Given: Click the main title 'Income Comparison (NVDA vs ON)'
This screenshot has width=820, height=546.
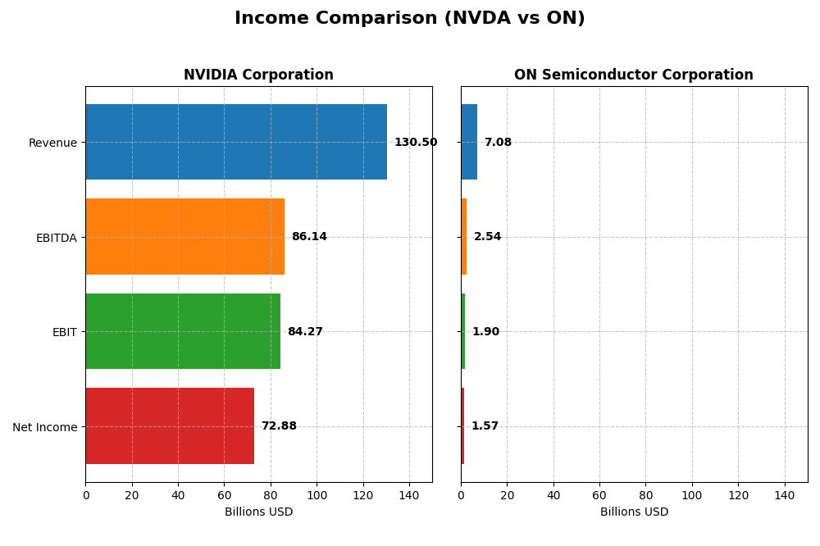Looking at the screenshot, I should (x=409, y=19).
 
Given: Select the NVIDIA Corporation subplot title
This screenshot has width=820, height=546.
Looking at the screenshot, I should (x=258, y=75).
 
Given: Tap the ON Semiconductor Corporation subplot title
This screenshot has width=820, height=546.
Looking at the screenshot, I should (x=633, y=75).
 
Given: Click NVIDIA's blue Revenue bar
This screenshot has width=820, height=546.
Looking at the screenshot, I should (x=236, y=142).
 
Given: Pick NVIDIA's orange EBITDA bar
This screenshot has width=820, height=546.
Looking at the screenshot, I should (x=184, y=237).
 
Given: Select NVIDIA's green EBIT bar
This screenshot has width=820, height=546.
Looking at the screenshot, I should (x=183, y=331).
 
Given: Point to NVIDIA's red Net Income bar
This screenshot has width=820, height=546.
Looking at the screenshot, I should (x=170, y=426).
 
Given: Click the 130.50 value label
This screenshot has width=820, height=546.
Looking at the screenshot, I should (x=415, y=143).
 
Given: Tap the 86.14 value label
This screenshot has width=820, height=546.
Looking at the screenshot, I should (x=309, y=237).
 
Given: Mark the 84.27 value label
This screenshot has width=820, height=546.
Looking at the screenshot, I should (x=305, y=332).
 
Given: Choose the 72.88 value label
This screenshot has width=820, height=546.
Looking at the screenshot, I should (x=279, y=426).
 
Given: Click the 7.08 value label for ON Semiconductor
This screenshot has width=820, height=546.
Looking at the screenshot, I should (x=498, y=143).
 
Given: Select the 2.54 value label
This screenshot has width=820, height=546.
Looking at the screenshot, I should (x=487, y=237).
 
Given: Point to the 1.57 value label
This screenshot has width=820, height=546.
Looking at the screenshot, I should (x=485, y=426).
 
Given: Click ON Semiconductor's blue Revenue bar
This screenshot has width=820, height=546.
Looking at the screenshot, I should (x=469, y=142).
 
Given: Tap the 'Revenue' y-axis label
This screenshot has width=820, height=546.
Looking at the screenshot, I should (x=52, y=143).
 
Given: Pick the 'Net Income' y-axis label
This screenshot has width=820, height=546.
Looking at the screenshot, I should (x=44, y=427).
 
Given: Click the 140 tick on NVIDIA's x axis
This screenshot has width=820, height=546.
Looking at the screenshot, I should (x=409, y=495).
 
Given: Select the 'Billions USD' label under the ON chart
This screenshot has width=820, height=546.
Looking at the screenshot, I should (x=634, y=512).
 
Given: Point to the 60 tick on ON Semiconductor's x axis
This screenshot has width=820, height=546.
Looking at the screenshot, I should (x=599, y=495).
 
